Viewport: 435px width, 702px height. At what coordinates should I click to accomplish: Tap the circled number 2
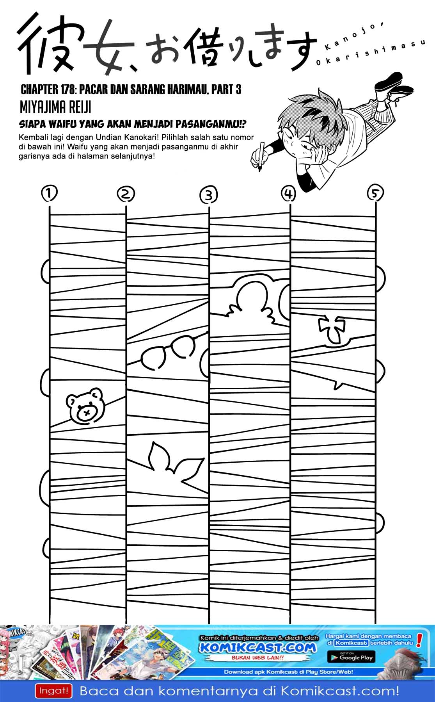[x=126, y=194]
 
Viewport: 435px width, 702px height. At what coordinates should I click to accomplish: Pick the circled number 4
[x=288, y=193]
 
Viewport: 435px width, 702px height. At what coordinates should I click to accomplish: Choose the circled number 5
[x=375, y=192]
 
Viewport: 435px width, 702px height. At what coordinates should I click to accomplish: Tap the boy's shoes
[x=392, y=86]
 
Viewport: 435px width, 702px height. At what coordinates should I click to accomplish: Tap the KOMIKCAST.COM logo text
[x=257, y=648]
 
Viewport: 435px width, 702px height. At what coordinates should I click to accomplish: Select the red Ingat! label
[x=54, y=691]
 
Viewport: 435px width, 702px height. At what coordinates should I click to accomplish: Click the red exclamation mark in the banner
[x=420, y=640]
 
